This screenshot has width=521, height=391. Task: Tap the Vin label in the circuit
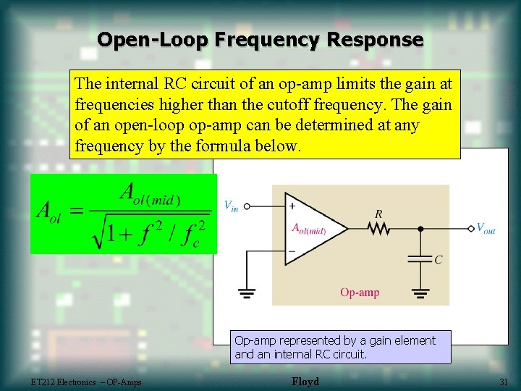231,206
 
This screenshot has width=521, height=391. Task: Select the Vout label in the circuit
486,228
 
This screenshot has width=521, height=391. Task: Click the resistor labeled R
378,228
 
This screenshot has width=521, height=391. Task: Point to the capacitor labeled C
420,258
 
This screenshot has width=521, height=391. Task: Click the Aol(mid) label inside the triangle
309,230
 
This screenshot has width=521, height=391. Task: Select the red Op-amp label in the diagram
360,293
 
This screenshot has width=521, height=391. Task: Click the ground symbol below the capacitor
420,293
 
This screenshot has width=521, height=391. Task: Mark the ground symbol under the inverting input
247,293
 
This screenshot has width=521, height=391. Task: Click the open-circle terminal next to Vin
247,206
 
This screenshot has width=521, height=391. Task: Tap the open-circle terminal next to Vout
471,228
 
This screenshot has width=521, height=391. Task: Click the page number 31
504,382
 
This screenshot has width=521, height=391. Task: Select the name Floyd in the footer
305,382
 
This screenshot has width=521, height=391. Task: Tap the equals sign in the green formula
76,212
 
